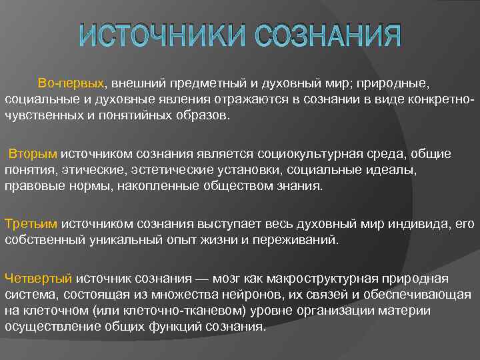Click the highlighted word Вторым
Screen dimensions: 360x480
(x=33, y=154)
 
